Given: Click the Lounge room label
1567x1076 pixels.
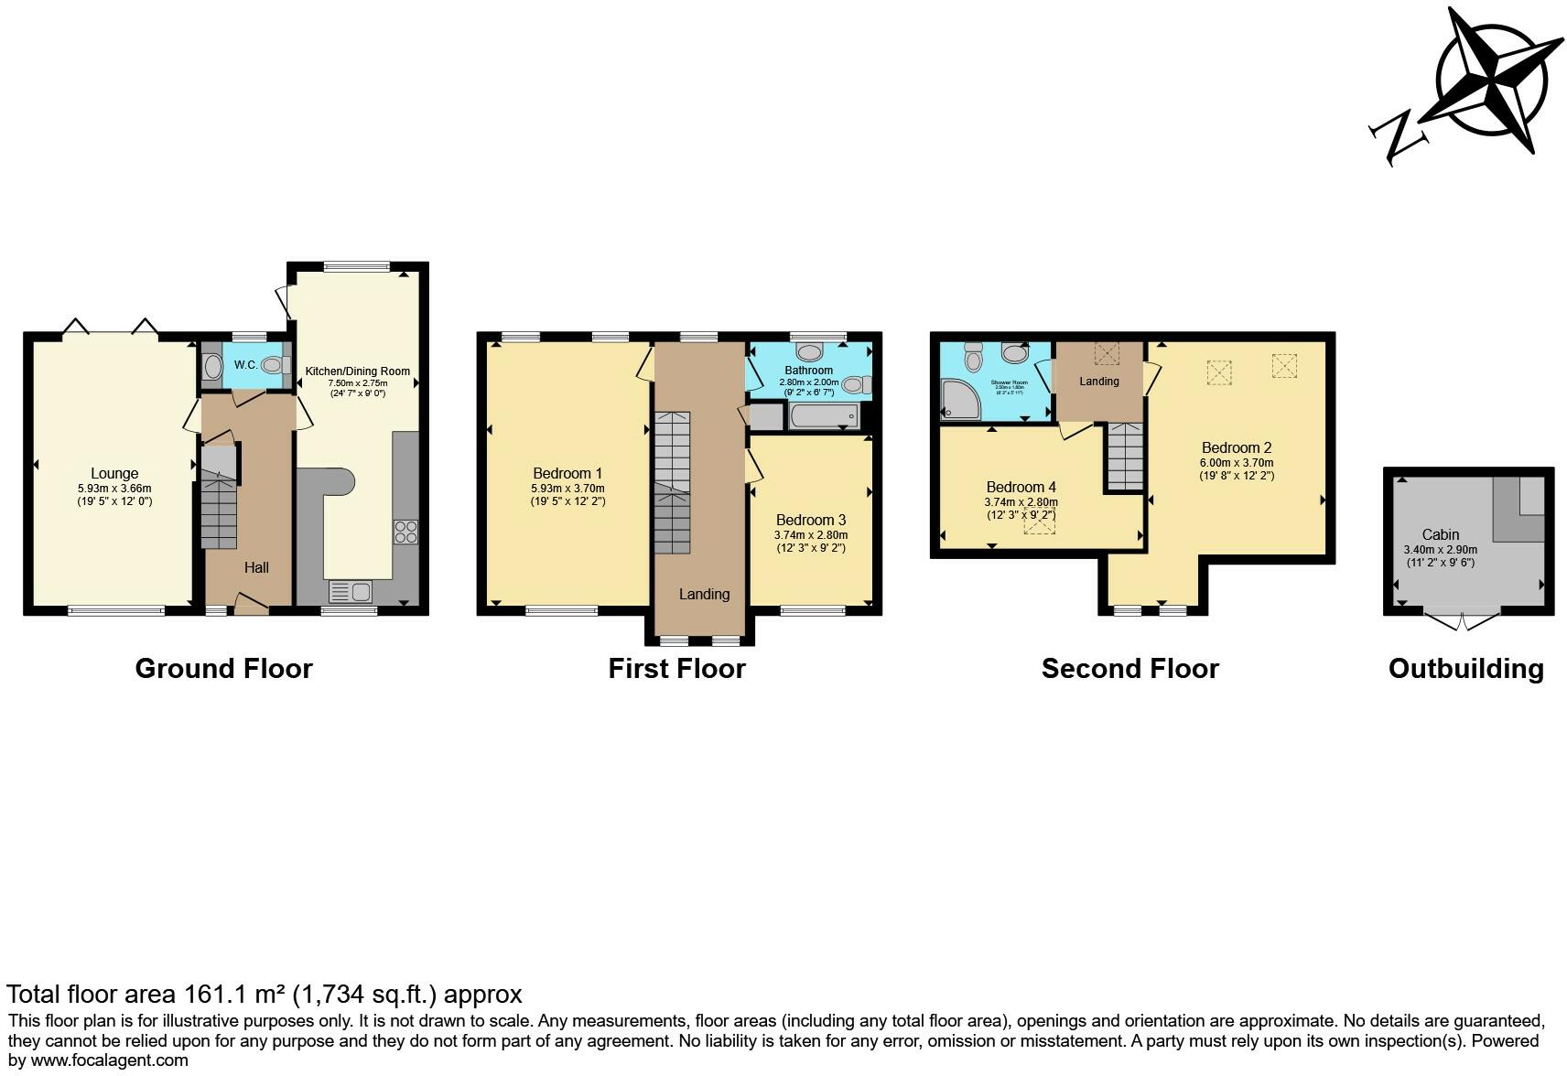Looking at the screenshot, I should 114,473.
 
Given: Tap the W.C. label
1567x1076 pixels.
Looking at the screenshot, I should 245,365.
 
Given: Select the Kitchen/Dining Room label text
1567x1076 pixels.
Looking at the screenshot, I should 358,371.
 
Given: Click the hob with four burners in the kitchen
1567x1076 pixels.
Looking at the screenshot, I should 405,532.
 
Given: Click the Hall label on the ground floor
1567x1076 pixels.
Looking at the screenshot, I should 256,567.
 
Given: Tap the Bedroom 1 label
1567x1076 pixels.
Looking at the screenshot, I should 567,473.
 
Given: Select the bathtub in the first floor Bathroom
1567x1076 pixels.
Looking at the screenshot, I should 824,418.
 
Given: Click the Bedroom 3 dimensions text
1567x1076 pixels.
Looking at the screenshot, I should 811,542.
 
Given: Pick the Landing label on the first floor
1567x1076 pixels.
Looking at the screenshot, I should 704,594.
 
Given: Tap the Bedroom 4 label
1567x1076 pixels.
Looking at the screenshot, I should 1021,487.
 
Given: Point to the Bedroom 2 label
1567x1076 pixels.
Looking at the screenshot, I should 1237,447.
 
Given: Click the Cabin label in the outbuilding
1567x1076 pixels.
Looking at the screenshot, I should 1440,534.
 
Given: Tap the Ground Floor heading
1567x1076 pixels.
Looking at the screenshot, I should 223,669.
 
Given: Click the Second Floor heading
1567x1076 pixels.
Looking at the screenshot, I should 1129,669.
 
